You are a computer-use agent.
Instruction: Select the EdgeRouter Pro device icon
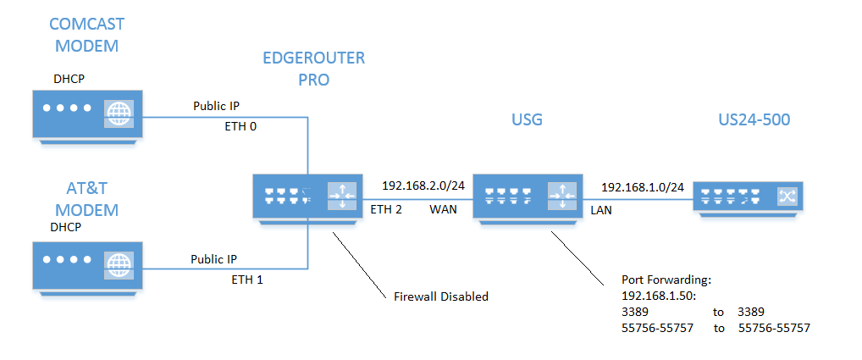pos(301,197)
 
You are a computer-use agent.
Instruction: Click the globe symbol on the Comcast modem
pos(119,113)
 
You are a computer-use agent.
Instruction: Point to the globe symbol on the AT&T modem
pos(119,263)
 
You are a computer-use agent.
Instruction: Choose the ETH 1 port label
pos(247,279)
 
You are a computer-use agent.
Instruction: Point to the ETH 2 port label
pos(385,208)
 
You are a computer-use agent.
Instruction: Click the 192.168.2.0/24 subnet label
pos(423,186)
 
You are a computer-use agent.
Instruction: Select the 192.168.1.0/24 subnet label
pos(642,186)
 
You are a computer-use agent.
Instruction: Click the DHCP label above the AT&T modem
pos(69,229)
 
